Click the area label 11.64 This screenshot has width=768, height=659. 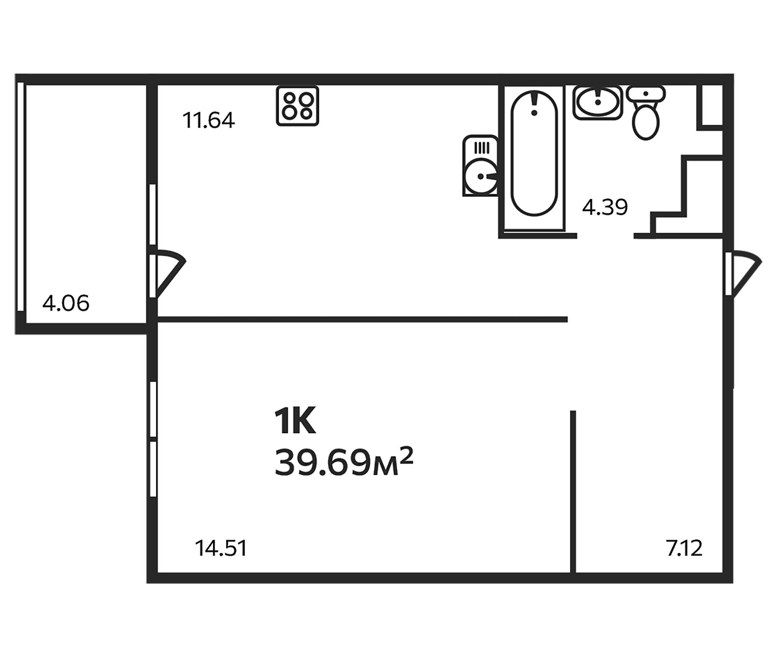[209, 120]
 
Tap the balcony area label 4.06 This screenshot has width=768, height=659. [66, 303]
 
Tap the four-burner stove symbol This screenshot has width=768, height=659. [297, 106]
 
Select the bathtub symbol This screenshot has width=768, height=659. [534, 153]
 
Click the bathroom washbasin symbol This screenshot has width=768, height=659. [598, 103]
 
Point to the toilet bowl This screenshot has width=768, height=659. [646, 122]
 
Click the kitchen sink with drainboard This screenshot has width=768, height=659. [481, 165]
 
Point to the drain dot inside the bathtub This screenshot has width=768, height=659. [534, 112]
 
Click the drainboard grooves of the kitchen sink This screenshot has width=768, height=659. [481, 148]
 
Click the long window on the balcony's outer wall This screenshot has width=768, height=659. [21, 197]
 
